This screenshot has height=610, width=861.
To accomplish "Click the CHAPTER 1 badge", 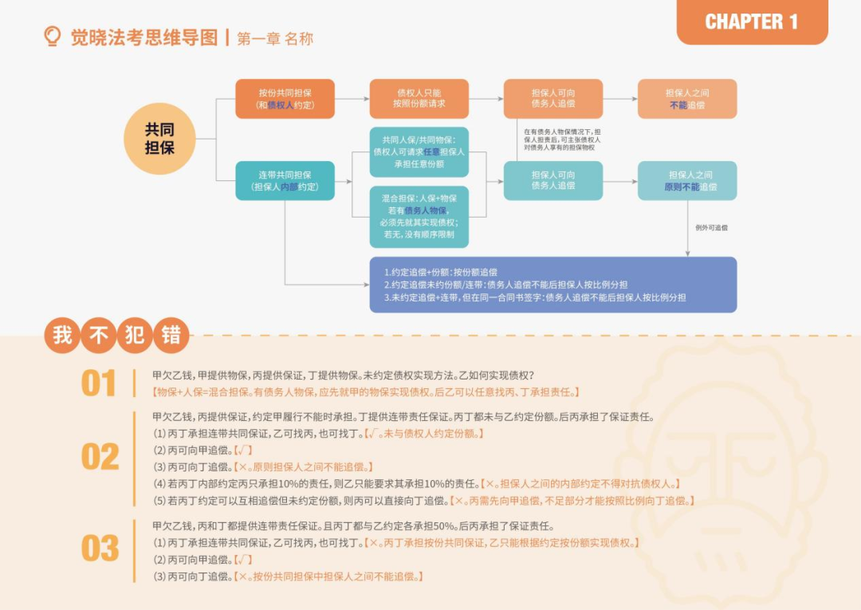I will (x=751, y=22).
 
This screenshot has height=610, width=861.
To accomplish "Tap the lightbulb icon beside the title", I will (x=53, y=37).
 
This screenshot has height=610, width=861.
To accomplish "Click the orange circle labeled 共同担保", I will (x=159, y=138).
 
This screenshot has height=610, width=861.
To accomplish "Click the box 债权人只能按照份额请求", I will (x=419, y=99).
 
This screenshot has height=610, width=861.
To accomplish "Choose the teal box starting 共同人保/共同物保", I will (x=419, y=152).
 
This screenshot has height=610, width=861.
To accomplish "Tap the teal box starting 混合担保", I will (x=419, y=216).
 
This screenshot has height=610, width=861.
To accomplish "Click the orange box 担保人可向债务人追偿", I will (x=552, y=99).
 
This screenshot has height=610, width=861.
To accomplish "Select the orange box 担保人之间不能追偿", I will (x=686, y=99).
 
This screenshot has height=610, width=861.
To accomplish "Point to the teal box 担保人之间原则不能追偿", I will (x=686, y=180).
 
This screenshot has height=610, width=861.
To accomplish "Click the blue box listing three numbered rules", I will (x=552, y=284).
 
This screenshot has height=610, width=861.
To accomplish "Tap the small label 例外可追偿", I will (x=711, y=228).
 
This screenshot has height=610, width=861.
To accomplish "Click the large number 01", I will (x=99, y=384).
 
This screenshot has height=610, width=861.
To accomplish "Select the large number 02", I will (x=100, y=457).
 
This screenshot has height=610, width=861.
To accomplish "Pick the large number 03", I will (x=100, y=549).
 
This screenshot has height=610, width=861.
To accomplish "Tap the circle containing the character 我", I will (x=62, y=336).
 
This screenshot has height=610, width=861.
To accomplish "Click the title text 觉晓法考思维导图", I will (x=143, y=37).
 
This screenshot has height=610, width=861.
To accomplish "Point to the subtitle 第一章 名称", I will (x=275, y=38).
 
